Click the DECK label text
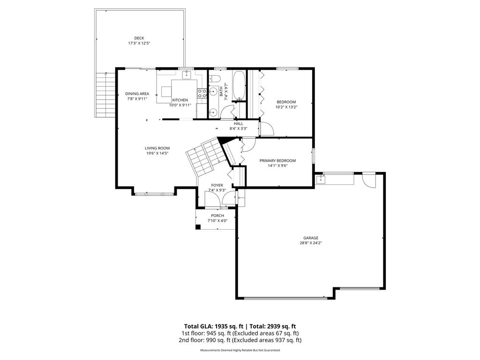(139, 38)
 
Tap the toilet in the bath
(215, 78)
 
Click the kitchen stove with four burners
(202, 93)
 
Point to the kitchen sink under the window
(187, 75)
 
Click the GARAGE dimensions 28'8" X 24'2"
(311, 243)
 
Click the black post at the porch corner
(198, 227)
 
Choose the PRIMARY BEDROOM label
(277, 160)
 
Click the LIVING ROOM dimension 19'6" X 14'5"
(157, 153)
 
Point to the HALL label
(239, 123)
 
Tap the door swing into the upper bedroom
(266, 128)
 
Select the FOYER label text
(217, 185)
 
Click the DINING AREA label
(137, 93)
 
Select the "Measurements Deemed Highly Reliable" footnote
(240, 350)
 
